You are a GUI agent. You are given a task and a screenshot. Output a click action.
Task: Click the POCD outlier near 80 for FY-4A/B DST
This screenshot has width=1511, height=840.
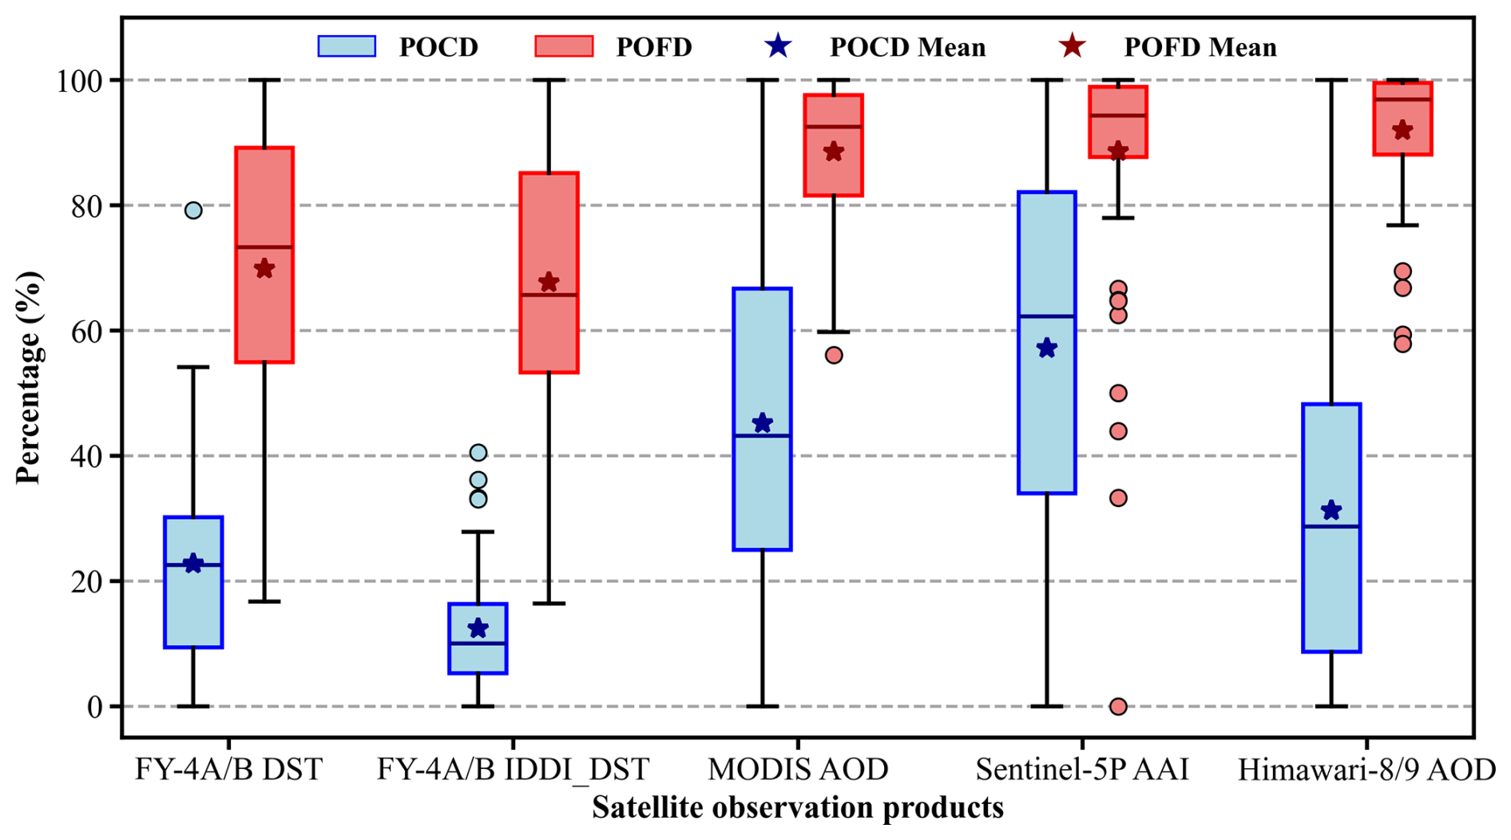point(193,211)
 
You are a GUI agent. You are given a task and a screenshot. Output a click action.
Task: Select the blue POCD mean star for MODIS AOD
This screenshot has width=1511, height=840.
point(763,423)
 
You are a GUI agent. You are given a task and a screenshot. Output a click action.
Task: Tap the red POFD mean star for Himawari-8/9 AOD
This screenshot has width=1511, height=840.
point(1402,130)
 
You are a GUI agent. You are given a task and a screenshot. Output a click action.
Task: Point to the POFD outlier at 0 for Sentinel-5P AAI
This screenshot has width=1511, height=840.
point(1118,706)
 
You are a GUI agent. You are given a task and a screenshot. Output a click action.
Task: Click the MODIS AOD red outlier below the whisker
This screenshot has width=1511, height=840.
point(834,355)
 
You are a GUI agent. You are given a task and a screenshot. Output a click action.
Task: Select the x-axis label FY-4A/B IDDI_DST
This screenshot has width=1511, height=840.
point(513,770)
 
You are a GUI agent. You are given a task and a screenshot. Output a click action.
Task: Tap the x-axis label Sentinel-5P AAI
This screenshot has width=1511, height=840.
point(1082,770)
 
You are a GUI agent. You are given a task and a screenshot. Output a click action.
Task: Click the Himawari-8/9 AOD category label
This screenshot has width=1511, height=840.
point(1366,770)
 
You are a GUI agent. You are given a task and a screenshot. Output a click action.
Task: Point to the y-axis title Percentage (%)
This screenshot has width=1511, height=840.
point(29,377)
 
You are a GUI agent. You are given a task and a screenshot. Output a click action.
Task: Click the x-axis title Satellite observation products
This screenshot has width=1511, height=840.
point(797,808)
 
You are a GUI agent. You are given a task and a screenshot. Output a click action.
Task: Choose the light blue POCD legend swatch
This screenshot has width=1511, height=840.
point(347,46)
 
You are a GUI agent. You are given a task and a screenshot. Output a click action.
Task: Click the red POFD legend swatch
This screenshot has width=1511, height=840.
point(564,46)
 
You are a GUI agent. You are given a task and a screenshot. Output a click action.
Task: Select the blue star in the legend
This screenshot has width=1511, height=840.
point(777,46)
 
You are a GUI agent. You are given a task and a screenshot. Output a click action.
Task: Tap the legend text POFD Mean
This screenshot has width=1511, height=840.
point(1200,47)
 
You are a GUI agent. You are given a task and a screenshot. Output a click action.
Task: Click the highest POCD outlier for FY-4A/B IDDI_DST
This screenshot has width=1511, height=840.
point(478,453)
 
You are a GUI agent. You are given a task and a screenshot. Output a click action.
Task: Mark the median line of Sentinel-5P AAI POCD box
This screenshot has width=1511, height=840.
point(1047,316)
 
